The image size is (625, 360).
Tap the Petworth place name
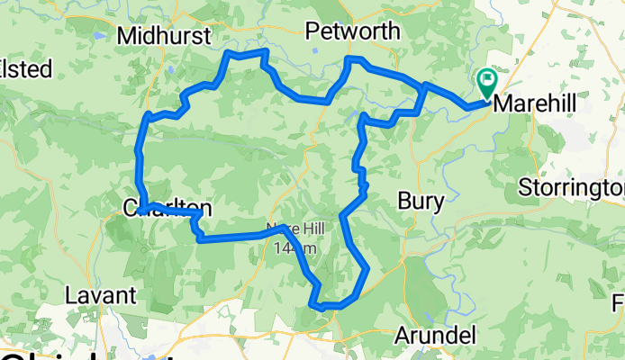click(x=352, y=31)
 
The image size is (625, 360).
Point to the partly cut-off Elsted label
click(x=25, y=68)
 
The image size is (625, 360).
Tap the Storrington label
click(x=571, y=188)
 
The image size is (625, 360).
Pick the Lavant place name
click(x=100, y=294)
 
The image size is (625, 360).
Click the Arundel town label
click(x=435, y=336)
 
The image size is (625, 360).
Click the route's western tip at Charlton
click(x=141, y=211)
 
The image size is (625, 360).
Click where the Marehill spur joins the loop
click(x=424, y=86)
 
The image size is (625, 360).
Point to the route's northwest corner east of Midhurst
click(x=228, y=55)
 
